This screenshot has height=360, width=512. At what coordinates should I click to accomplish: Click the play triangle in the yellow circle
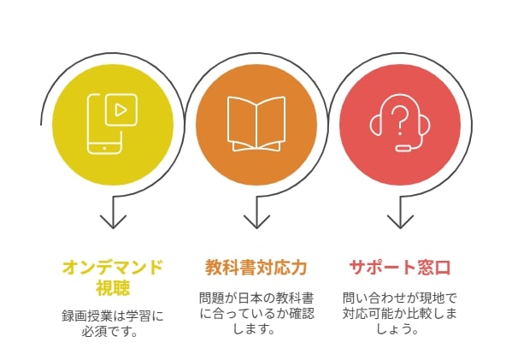[x=121, y=110]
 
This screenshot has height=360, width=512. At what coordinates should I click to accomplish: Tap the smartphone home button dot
[x=104, y=148]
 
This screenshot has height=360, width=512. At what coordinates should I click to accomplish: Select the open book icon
[x=256, y=124]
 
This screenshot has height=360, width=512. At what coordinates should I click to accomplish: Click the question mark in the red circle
[x=400, y=121]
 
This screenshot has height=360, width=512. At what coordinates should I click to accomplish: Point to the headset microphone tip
[x=403, y=148]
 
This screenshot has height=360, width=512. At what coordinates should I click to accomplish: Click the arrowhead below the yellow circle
[x=113, y=221]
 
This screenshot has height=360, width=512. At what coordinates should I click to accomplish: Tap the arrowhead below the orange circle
[x=256, y=221]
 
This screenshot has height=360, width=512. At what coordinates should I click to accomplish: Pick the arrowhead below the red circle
[x=400, y=221]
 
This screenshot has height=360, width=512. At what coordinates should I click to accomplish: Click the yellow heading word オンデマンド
[x=113, y=268]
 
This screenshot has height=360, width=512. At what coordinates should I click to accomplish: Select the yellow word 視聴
[x=113, y=287]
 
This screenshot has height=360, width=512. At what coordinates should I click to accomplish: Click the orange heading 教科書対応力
[x=256, y=268]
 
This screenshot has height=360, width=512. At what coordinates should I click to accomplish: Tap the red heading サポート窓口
[x=400, y=268]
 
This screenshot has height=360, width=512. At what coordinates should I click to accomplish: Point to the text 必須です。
[x=109, y=332]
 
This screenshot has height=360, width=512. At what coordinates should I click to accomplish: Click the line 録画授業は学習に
[x=113, y=316]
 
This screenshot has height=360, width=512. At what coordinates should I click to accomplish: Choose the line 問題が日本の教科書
[x=256, y=298]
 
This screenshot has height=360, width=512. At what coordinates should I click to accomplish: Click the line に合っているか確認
[x=256, y=313]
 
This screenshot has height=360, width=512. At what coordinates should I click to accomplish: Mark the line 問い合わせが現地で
[x=400, y=298]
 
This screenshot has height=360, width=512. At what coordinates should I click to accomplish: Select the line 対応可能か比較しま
[x=400, y=313]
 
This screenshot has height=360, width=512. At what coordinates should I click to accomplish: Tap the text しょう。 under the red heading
[x=397, y=328]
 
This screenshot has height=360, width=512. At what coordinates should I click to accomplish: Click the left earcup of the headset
[x=375, y=124]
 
